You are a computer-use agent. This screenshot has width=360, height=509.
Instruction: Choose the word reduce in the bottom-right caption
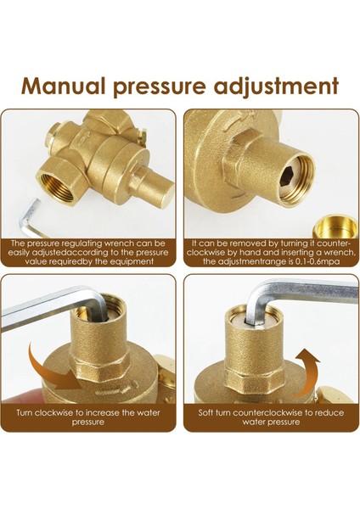pyautogui.click(x=318, y=413)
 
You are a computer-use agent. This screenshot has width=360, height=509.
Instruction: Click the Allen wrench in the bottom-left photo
pyautogui.click(x=51, y=315)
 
